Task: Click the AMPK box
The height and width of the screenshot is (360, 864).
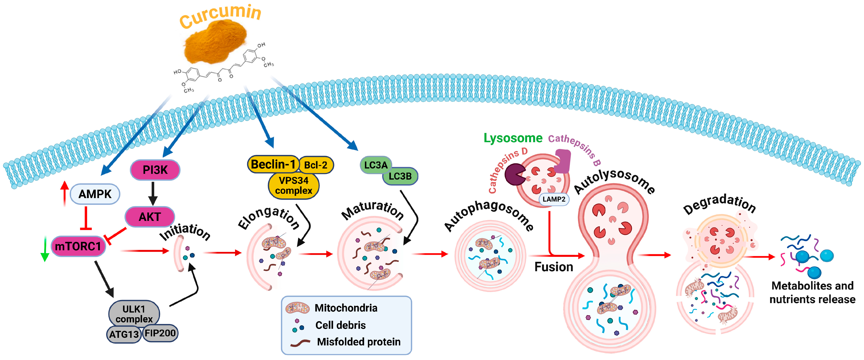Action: [95, 194]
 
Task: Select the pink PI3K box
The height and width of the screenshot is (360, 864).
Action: [155, 170]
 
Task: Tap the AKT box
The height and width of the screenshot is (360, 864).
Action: [150, 217]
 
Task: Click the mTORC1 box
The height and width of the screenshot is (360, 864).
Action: [78, 246]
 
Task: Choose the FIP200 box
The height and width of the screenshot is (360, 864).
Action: [160, 333]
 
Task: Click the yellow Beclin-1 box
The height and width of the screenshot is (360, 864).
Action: [273, 164]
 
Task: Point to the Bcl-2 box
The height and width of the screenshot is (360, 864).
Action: [316, 165]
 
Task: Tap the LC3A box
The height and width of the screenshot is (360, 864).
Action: [376, 165]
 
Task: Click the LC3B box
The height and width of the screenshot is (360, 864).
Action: [400, 176]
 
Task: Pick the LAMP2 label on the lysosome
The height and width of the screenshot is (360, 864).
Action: [554, 199]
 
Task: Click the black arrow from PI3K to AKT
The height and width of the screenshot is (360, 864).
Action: [153, 194]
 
